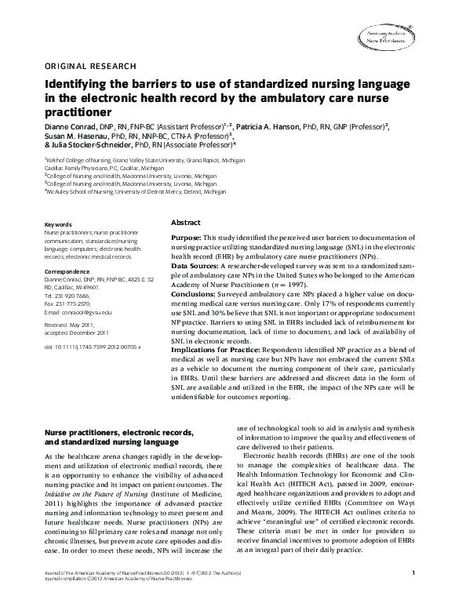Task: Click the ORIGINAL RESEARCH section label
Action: point(90,66)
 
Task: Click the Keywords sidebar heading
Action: point(59,224)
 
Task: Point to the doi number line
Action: point(93,345)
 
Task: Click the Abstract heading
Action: point(186,223)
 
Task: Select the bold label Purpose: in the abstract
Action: point(186,237)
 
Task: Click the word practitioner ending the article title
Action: point(78,111)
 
